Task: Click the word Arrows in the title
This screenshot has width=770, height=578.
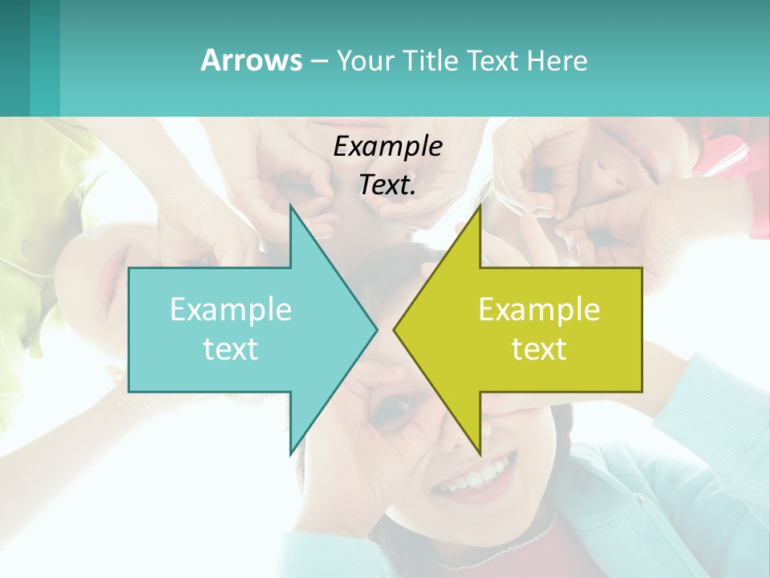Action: [251, 60]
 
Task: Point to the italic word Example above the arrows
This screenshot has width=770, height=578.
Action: [388, 146]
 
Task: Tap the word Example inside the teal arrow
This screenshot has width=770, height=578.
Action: [231, 309]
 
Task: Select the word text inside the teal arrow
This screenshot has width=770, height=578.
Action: [231, 348]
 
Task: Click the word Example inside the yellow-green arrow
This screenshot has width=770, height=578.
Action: [539, 309]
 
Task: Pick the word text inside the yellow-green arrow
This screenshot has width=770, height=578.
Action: [539, 348]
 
